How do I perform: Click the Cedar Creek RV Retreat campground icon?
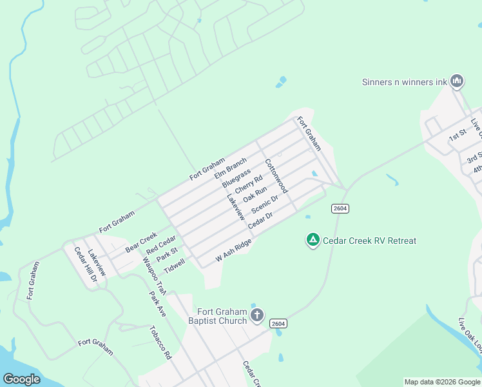pos(313,241)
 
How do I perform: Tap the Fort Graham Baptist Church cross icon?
pos(257,315)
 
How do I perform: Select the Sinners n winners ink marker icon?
pos(457,81)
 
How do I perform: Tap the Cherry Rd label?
pos(249,185)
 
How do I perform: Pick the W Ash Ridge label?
pos(233,250)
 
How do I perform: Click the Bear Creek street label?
pos(141,242)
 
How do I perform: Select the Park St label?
pos(167,255)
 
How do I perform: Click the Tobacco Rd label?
pos(161,342)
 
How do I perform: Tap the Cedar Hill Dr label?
pos(85,265)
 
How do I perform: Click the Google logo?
pos(22,379)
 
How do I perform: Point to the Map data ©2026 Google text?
pos(442,382)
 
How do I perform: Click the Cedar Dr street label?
pos(261,219)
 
